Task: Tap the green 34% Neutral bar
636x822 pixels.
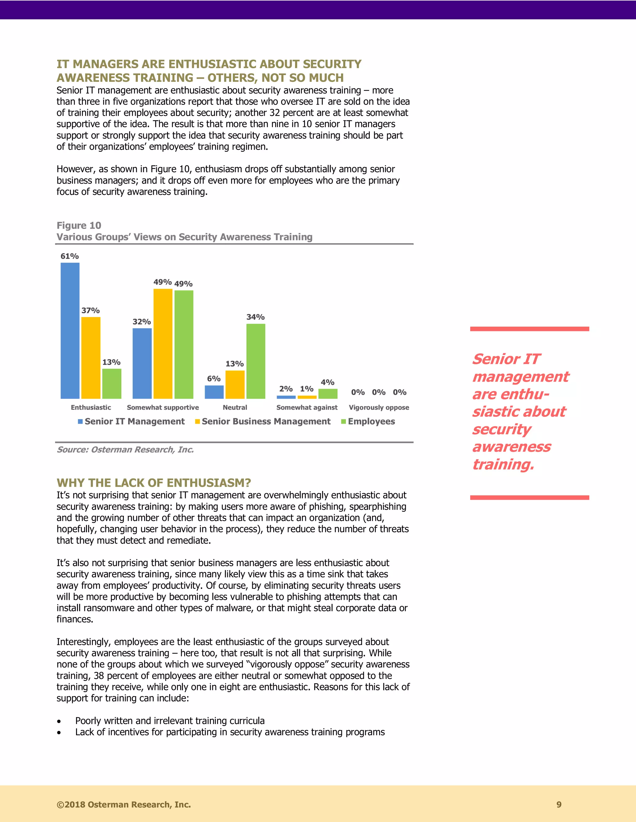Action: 256,361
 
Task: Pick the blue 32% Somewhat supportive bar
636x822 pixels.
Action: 142,363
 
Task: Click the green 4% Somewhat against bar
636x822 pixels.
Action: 328,394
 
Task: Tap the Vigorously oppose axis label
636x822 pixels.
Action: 379,408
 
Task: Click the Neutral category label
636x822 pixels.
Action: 235,408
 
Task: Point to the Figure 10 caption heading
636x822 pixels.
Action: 79,226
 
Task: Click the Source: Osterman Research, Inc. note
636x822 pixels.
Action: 125,450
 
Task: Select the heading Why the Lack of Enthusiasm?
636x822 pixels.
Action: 154,483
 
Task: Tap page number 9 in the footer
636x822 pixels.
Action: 559,805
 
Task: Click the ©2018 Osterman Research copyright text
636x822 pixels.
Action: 124,805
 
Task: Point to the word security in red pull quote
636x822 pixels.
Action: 502,429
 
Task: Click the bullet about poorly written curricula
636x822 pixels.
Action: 170,721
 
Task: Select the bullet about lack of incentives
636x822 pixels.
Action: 230,732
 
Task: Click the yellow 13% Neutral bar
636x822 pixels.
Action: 235,384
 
